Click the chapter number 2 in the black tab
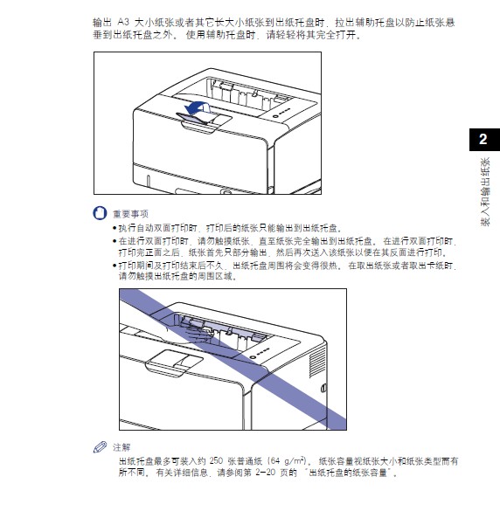pyautogui.click(x=482, y=140)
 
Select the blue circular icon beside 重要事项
pyautogui.click(x=98, y=213)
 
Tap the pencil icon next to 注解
pyautogui.click(x=99, y=446)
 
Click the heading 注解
pyautogui.click(x=122, y=446)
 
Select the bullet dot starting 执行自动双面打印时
pyautogui.click(x=114, y=226)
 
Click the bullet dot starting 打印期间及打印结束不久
pyautogui.click(x=114, y=264)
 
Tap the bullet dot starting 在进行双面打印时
pyautogui.click(x=114, y=239)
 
